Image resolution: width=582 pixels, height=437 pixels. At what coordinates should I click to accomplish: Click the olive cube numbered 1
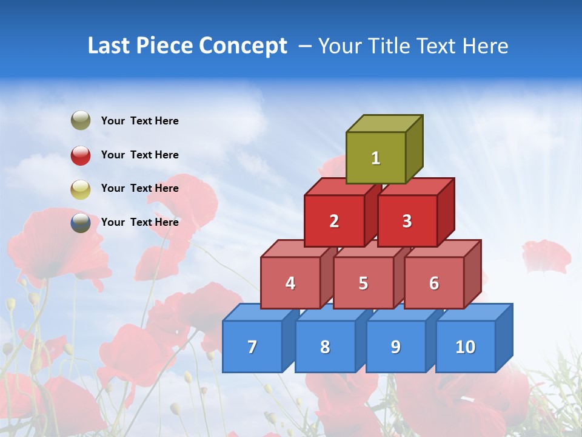click(376, 158)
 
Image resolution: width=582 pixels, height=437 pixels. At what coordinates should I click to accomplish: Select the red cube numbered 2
click(334, 221)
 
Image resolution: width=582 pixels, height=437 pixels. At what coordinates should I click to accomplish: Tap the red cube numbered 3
click(407, 221)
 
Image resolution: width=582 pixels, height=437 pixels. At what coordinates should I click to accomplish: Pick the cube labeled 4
click(290, 283)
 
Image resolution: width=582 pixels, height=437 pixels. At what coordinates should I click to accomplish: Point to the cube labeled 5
click(363, 283)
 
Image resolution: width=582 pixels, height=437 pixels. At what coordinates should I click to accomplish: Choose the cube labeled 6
click(434, 283)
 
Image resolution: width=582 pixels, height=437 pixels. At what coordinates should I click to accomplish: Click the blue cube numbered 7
click(252, 347)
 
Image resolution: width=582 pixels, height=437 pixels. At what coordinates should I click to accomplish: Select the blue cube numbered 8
click(325, 347)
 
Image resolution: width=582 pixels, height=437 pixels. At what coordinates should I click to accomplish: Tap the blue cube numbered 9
click(395, 347)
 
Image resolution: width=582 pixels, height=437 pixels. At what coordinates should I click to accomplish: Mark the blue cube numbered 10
click(465, 347)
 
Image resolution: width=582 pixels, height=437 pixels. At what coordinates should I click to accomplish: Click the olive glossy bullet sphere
click(81, 121)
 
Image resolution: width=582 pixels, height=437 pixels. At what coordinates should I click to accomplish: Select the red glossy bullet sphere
click(81, 155)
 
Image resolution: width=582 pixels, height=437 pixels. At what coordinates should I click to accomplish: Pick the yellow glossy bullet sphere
click(81, 189)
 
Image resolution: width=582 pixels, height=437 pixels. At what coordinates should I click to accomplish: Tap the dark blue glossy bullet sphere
click(81, 222)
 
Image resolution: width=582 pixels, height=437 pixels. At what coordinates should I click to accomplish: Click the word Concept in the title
click(243, 46)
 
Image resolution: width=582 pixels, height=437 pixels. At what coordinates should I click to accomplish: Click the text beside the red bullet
click(140, 155)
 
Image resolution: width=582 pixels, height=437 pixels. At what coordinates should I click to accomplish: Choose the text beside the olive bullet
click(140, 121)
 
